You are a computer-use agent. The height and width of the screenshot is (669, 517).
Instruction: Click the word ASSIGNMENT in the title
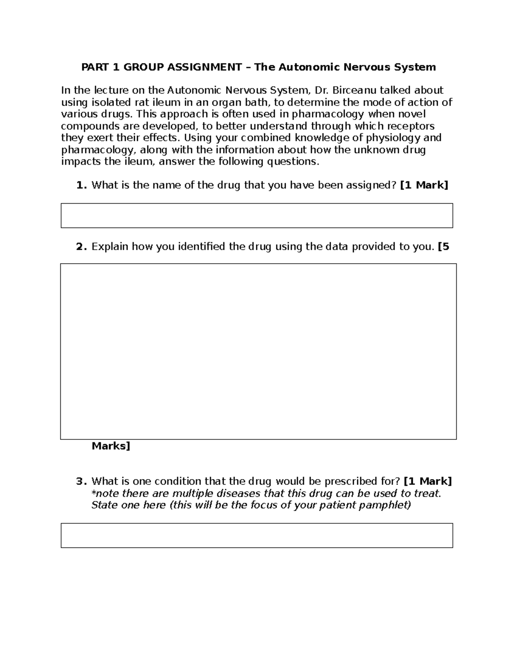coord(204,67)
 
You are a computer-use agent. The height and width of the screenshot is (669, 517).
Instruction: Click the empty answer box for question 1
coord(257,215)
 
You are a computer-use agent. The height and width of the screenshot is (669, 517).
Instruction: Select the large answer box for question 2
coord(258,351)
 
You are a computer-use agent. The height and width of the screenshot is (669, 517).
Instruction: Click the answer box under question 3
coord(257,535)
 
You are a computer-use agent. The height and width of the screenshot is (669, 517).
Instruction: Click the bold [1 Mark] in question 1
coord(424,185)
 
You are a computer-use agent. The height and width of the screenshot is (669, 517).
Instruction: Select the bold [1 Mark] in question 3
coord(428,481)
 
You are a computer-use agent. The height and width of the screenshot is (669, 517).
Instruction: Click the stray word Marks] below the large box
coord(111,446)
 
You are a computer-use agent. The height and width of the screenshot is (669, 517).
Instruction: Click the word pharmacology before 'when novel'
coord(328,114)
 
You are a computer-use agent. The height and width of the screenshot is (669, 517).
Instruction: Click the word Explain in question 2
coord(110,247)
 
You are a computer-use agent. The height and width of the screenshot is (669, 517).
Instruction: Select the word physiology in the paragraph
coord(392,138)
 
